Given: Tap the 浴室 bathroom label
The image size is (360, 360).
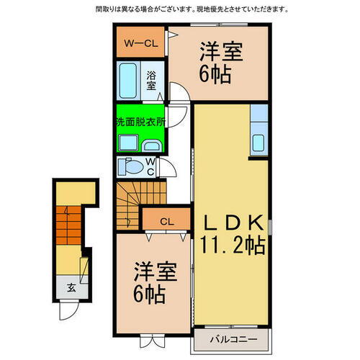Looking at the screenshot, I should [151, 80].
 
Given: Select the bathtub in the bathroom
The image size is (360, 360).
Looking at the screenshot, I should [130, 80].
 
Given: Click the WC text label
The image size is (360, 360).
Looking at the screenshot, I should [150, 167].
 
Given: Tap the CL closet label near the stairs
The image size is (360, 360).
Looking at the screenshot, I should [165, 220].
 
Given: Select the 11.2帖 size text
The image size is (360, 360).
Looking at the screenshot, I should [231, 245].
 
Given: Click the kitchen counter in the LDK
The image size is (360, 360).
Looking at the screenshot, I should [258, 130].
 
